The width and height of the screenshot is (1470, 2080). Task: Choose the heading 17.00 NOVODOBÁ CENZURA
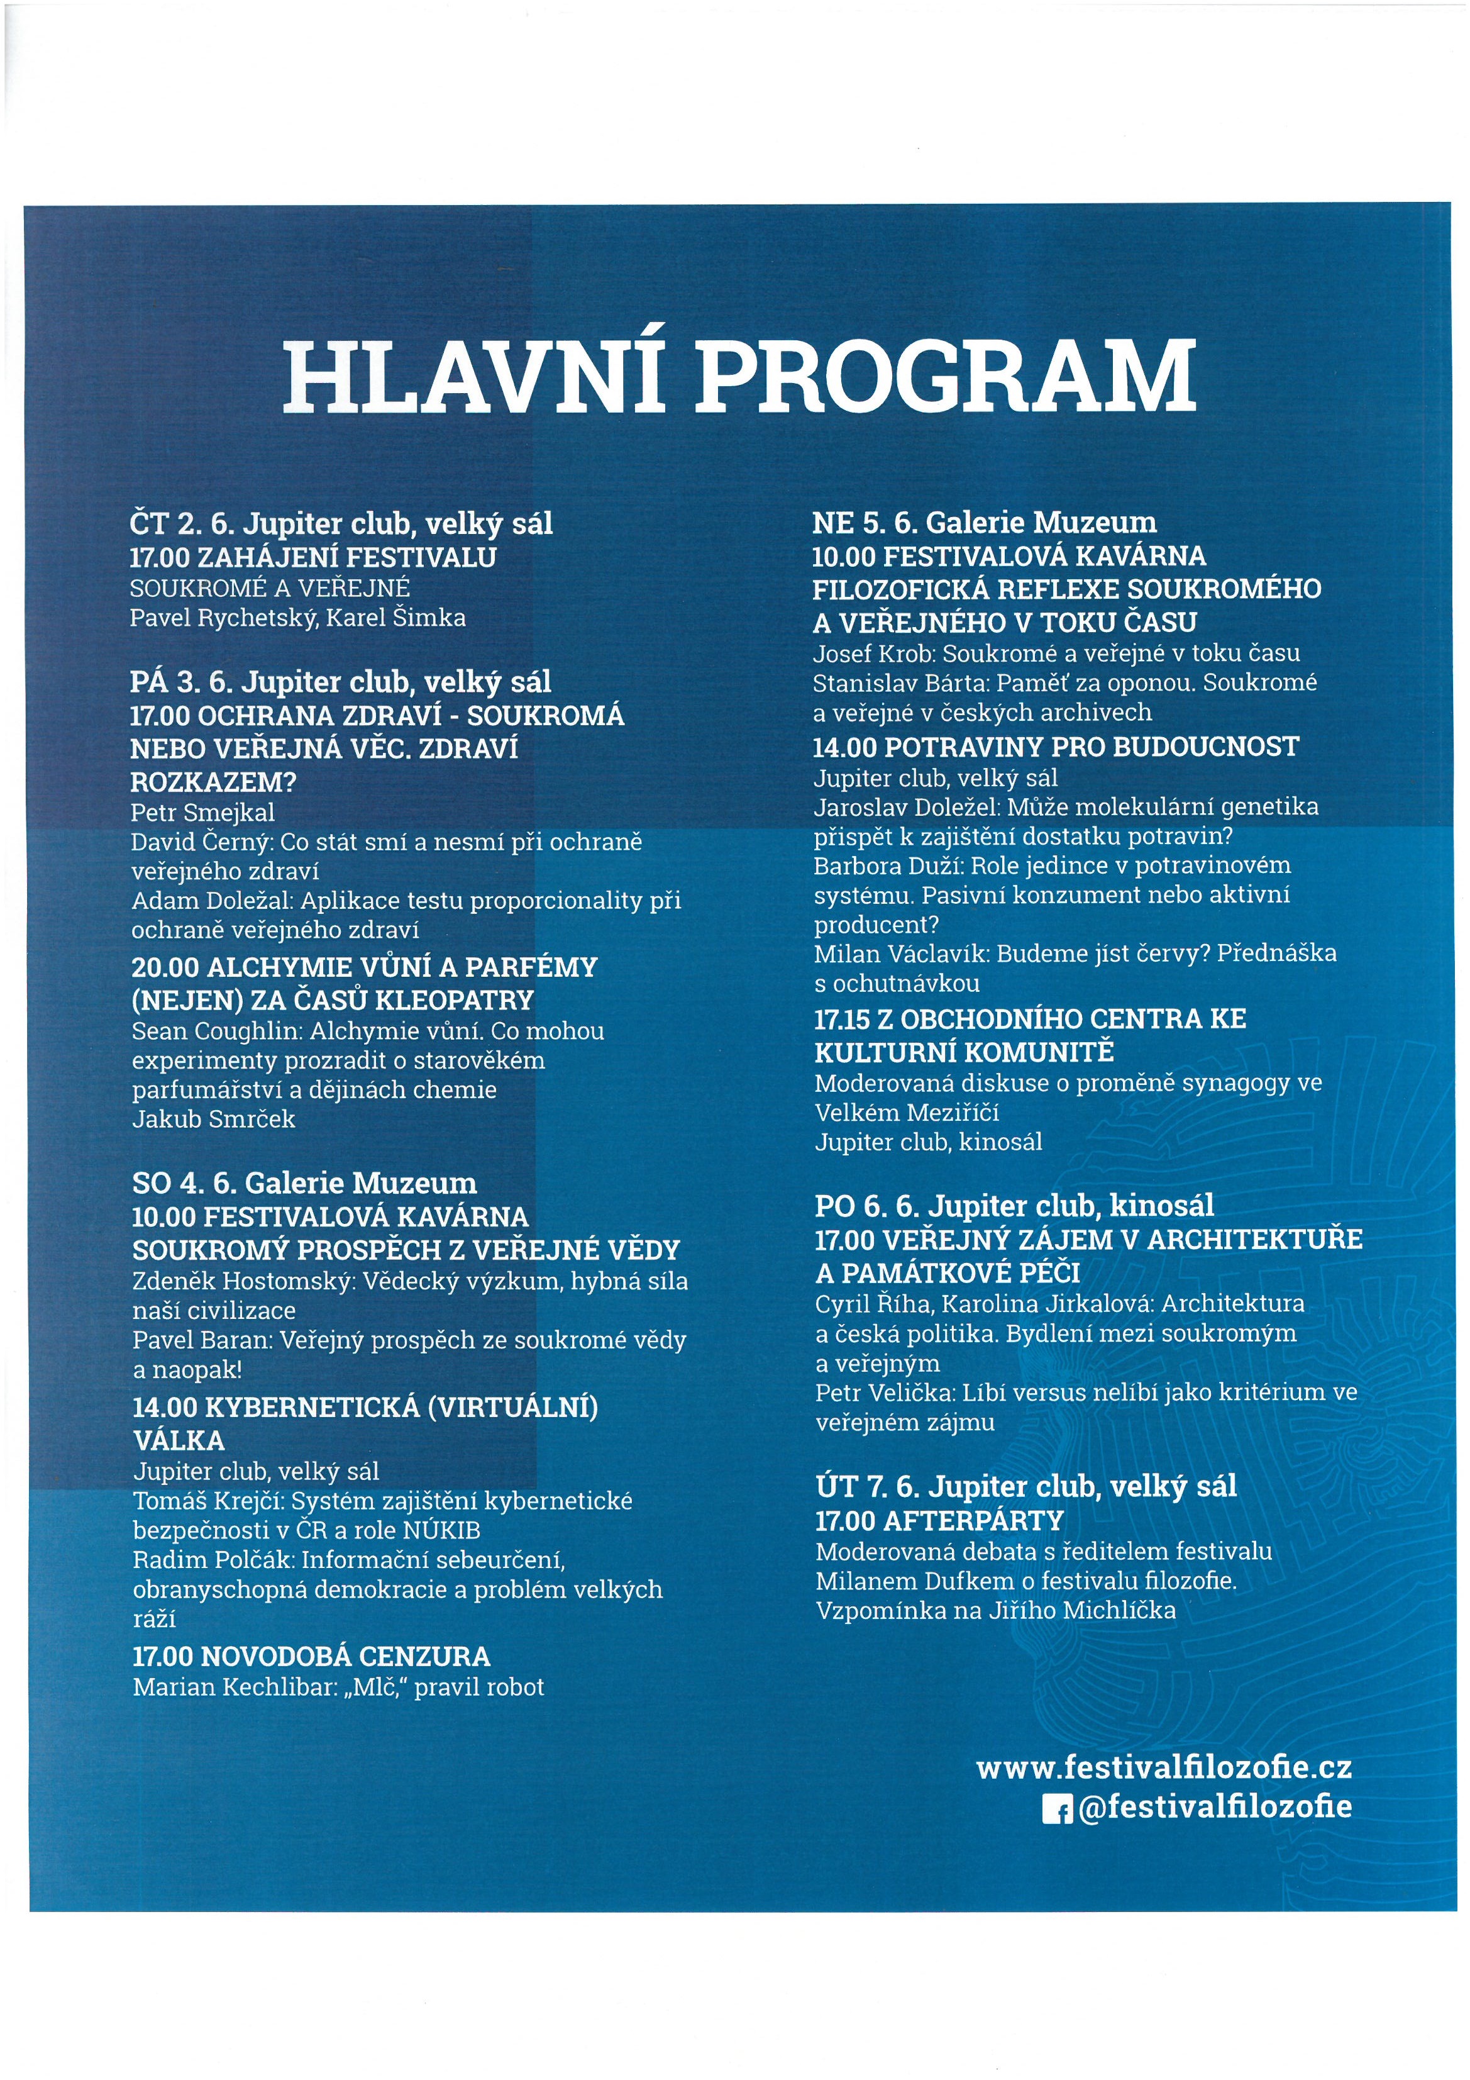coord(311,1657)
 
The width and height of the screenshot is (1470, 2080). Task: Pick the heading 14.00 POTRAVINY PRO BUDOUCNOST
coord(1055,747)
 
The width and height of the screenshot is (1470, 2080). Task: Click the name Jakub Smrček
coord(214,1119)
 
